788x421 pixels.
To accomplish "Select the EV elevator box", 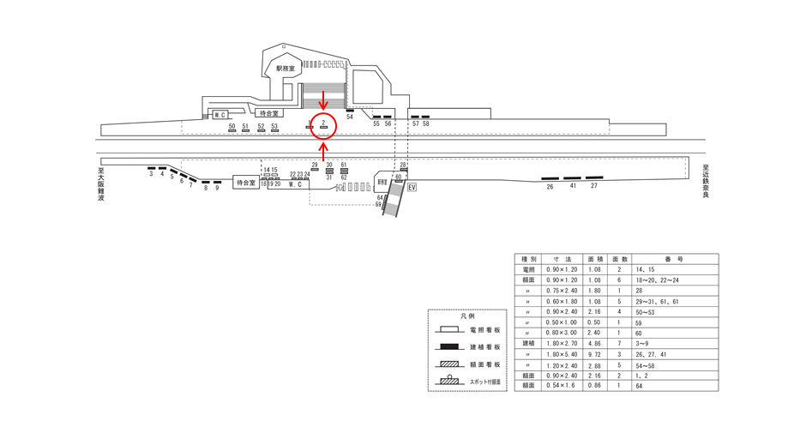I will (412, 187).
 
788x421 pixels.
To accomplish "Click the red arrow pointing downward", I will (323, 103).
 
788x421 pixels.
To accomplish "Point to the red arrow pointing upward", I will (323, 148).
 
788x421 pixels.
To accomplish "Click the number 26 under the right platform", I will (550, 186).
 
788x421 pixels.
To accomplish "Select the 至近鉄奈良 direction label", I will (706, 181).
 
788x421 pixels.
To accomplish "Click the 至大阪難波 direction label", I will (101, 183).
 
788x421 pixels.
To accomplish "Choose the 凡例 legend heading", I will (467, 316).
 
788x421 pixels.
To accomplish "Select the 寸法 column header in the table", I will (562, 258).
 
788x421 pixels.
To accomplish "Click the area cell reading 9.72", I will (594, 352).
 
